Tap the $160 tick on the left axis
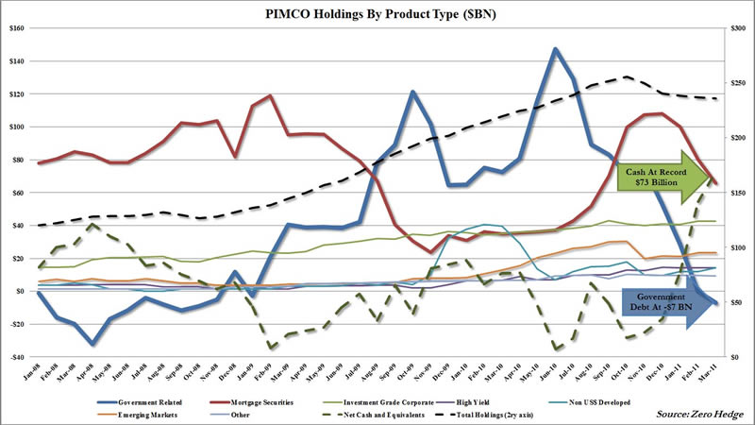pyautogui.click(x=16, y=28)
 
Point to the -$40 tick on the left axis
pyautogui.click(x=16, y=357)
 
